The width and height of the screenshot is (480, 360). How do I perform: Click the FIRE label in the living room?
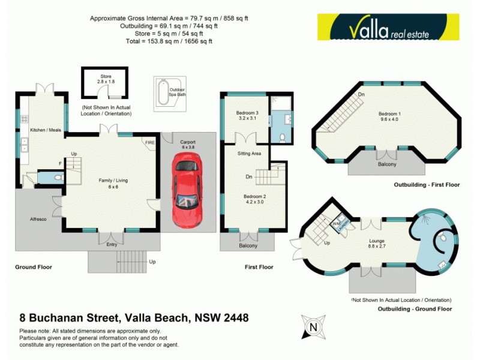point(149,142)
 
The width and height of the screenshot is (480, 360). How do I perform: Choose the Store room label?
point(106,77)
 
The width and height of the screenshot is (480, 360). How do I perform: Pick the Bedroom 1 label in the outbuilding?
point(389,113)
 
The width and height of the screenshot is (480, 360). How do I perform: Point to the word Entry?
point(112,245)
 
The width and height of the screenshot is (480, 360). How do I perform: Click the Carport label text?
point(188,142)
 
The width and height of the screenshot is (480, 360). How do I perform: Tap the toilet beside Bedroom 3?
point(283,137)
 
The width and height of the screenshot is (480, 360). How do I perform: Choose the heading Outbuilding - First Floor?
point(427,185)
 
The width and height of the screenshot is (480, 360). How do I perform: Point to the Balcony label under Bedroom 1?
point(386,164)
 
